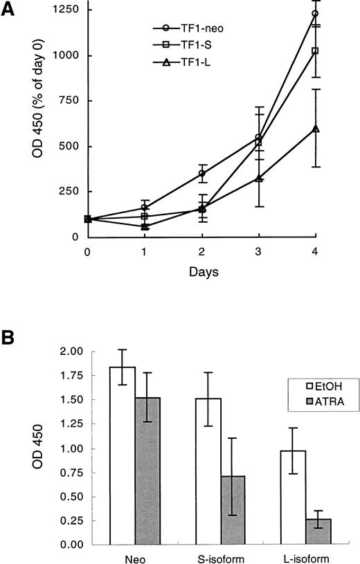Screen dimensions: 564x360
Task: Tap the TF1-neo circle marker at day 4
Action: coord(315,14)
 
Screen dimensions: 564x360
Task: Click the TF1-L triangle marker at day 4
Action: coord(315,129)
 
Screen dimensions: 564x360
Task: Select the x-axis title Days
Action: coord(201,273)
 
